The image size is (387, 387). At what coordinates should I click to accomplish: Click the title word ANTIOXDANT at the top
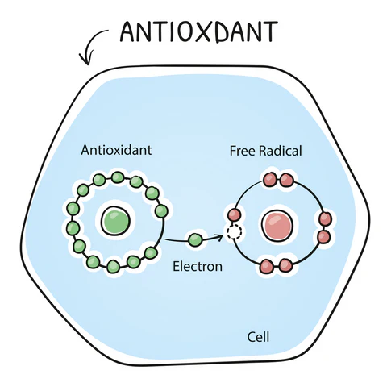pos(198,31)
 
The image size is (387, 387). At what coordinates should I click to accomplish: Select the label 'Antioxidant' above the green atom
pos(117,150)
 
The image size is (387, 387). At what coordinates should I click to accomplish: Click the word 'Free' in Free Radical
pos(243,151)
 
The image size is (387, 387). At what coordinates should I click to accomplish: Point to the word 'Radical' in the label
pos(281,151)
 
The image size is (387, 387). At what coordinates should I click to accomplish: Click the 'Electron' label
pos(198,264)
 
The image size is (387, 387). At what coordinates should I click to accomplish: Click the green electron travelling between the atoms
pos(194,239)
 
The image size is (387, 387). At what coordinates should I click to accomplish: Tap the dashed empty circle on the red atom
pos(235,232)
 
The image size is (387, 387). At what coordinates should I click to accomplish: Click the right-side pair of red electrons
pos(325,227)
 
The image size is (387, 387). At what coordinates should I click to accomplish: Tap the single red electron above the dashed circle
pos(235,214)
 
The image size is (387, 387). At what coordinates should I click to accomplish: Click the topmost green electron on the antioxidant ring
pos(118,177)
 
